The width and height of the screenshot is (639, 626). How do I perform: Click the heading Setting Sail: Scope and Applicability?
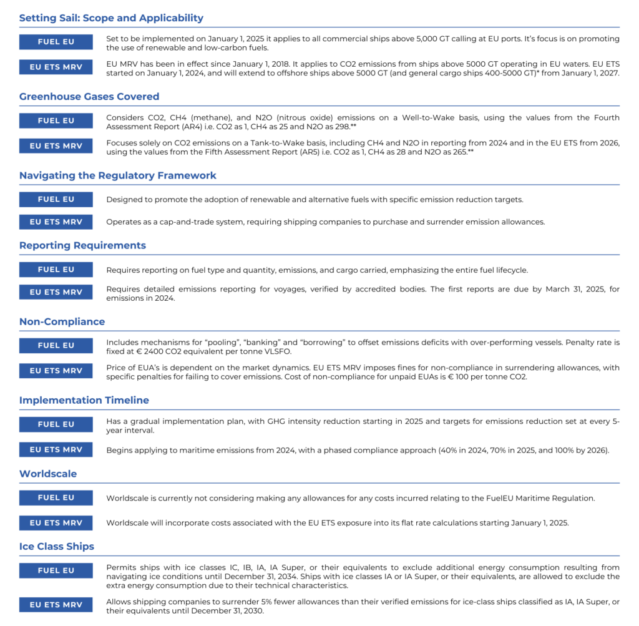[x=111, y=18]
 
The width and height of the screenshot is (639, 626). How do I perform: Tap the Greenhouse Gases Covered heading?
[x=89, y=97]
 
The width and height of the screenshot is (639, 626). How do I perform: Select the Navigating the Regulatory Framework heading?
[x=118, y=175]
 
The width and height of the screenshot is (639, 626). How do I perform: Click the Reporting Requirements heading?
[x=82, y=245]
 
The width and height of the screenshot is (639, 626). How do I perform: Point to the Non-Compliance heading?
[x=62, y=322]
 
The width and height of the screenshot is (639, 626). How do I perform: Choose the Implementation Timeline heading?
[x=84, y=400]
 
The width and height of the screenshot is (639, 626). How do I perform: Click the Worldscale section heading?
[x=48, y=474]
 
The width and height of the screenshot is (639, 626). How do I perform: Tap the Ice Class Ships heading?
[x=57, y=547]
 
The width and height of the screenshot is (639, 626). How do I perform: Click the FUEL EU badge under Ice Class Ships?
[x=56, y=570]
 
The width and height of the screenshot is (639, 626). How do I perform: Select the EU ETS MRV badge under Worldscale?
[x=56, y=523]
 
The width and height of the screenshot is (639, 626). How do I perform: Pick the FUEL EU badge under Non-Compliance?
[x=56, y=346]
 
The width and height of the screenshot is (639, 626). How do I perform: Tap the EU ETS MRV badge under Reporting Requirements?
[x=56, y=292]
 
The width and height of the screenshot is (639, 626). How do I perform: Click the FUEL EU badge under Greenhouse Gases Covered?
[x=56, y=121]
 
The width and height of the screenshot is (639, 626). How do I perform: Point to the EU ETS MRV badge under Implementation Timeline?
[x=56, y=449]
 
